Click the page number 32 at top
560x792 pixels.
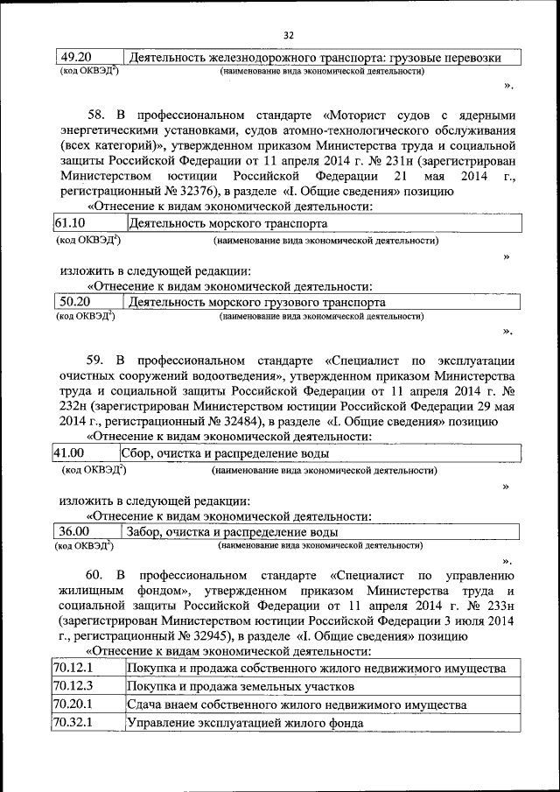(x=289, y=35)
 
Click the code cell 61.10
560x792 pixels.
(x=70, y=223)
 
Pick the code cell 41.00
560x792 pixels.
(x=68, y=453)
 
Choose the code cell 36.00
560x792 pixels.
(x=73, y=532)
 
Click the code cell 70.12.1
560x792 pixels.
(x=73, y=668)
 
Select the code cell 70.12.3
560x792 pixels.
(x=73, y=685)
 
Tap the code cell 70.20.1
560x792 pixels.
(x=73, y=704)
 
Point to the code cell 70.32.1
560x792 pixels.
(x=73, y=723)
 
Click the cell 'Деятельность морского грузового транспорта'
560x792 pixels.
(x=256, y=302)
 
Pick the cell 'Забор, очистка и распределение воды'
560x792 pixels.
(x=233, y=532)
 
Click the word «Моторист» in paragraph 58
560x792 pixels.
(x=360, y=115)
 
